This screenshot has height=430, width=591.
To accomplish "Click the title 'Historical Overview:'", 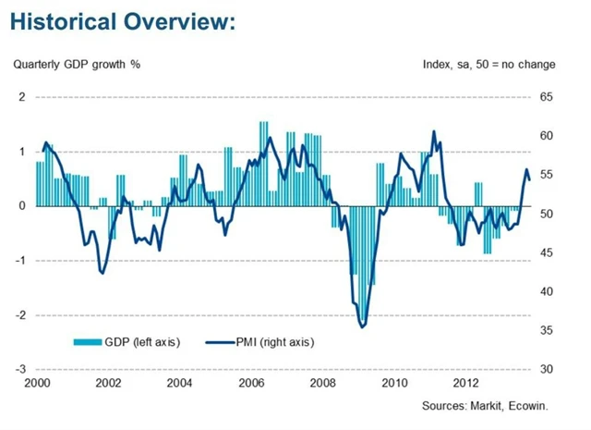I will pos(123,22).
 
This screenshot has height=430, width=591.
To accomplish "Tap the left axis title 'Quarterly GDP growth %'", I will pos(76,65).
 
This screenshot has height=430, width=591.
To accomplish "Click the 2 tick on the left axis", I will pos(22,97).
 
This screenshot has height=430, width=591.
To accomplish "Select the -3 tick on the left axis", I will pos(20,369).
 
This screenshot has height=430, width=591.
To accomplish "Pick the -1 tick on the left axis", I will pos(20,260).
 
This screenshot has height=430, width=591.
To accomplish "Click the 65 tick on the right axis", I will pos(546,97).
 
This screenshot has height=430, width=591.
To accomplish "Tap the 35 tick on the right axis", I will pos(546,330).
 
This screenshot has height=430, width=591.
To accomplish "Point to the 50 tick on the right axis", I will pos(546,214).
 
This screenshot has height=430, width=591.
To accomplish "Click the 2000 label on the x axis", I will pos(36,383).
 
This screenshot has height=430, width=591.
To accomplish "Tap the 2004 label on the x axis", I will pos(180,383).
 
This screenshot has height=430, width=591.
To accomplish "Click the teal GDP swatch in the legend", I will pos(87,342).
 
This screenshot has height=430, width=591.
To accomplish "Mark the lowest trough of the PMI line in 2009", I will pos(362,326).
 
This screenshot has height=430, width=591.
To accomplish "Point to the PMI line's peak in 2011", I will pos(433,131).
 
